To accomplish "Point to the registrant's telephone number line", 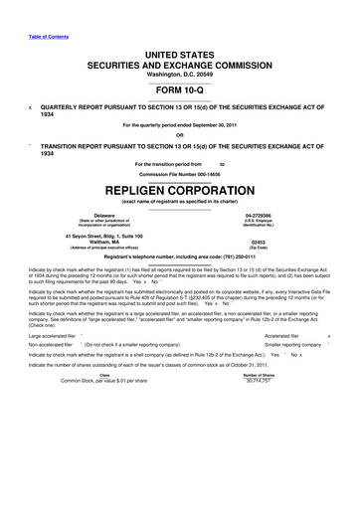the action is tap(180, 256).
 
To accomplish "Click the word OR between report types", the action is tap(180, 136).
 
